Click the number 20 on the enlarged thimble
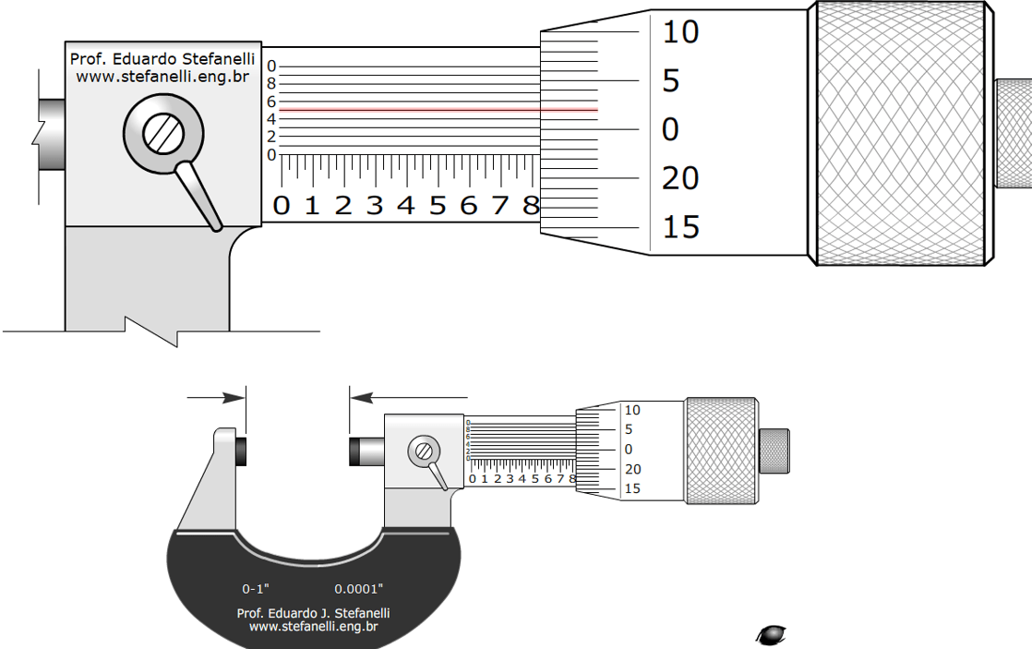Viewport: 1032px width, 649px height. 680,177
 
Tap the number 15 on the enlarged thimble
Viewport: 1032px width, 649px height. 680,226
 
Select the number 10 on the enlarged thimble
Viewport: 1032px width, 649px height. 680,32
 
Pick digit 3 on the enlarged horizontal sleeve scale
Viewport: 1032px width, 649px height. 374,205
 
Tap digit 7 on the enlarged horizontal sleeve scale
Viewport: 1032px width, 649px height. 499,205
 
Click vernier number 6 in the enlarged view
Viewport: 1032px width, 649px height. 271,102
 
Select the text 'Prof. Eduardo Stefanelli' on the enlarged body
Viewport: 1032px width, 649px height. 162,59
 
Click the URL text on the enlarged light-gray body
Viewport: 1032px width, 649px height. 162,78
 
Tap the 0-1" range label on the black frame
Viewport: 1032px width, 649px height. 256,588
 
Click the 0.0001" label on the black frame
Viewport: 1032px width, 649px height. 358,588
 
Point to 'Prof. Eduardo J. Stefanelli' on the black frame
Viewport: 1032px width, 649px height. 313,613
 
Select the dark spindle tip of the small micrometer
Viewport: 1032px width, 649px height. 354,451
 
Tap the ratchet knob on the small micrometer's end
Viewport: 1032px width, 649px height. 774,451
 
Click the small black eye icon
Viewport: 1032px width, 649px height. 770,634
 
